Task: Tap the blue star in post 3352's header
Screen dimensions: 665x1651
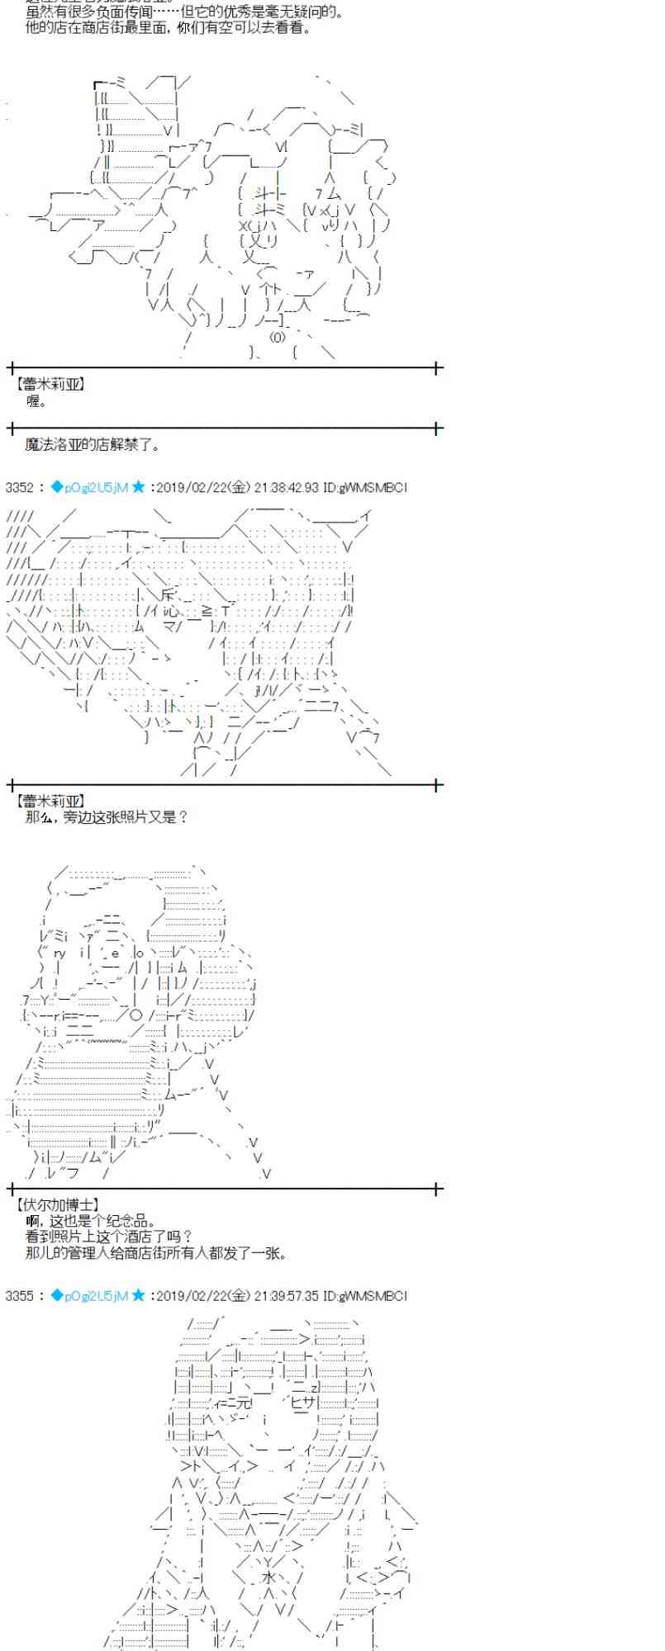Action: [139, 488]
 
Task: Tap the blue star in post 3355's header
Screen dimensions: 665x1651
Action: [139, 1296]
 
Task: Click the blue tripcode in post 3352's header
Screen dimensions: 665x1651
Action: [89, 488]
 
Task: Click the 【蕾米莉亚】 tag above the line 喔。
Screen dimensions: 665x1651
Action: [49, 385]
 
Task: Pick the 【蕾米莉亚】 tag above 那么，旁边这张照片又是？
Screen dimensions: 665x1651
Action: [49, 801]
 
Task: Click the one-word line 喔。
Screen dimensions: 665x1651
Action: [37, 401]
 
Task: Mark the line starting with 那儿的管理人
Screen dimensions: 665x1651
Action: [156, 1253]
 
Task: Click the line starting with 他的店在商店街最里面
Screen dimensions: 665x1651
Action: [169, 28]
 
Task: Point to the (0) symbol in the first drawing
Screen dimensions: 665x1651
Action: [278, 337]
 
